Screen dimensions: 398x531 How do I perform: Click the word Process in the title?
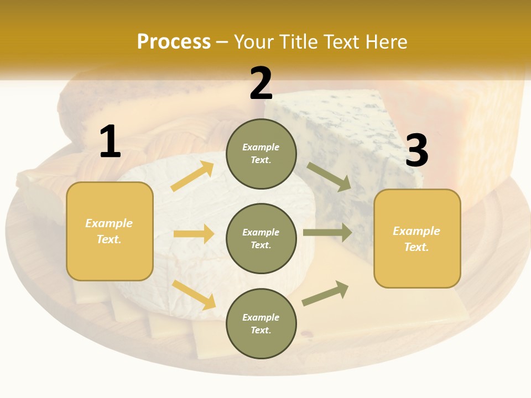(x=174, y=42)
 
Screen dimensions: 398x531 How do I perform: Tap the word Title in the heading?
(x=299, y=42)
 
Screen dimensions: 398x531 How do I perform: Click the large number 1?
(x=110, y=142)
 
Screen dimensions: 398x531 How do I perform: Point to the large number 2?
(x=261, y=83)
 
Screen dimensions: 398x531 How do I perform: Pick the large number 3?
(x=417, y=151)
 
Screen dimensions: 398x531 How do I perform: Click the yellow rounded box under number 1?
(x=110, y=231)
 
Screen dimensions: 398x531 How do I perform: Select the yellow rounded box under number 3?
(x=417, y=239)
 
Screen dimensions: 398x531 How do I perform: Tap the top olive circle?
(x=261, y=154)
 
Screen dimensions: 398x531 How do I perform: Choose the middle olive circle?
(x=261, y=238)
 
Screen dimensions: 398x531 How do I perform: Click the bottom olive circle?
(x=261, y=323)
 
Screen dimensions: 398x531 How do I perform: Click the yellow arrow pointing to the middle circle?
(x=194, y=234)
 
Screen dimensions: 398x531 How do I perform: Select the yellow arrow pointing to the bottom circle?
(x=194, y=295)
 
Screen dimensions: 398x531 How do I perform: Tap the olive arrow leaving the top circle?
(x=329, y=177)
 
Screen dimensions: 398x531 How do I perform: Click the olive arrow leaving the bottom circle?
(x=325, y=293)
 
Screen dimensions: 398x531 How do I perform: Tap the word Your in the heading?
(x=253, y=42)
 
